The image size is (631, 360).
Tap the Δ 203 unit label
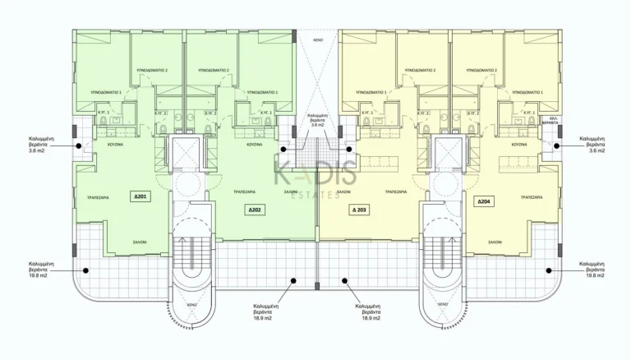point(361,210)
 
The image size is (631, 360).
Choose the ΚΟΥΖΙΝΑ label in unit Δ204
point(519,144)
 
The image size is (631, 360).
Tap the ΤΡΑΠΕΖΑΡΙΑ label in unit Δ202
point(239,192)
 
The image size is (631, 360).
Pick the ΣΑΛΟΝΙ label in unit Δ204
point(495,242)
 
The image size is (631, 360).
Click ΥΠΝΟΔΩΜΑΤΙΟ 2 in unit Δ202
point(212,71)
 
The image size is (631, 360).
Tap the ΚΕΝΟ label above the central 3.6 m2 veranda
point(316,39)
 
